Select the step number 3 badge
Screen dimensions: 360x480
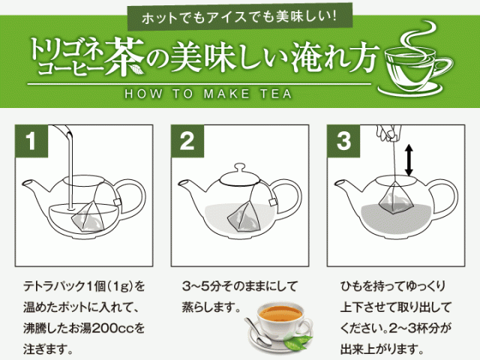(344, 141)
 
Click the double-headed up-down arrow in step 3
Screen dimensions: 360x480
(409, 161)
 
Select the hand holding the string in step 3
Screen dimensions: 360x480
(386, 134)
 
